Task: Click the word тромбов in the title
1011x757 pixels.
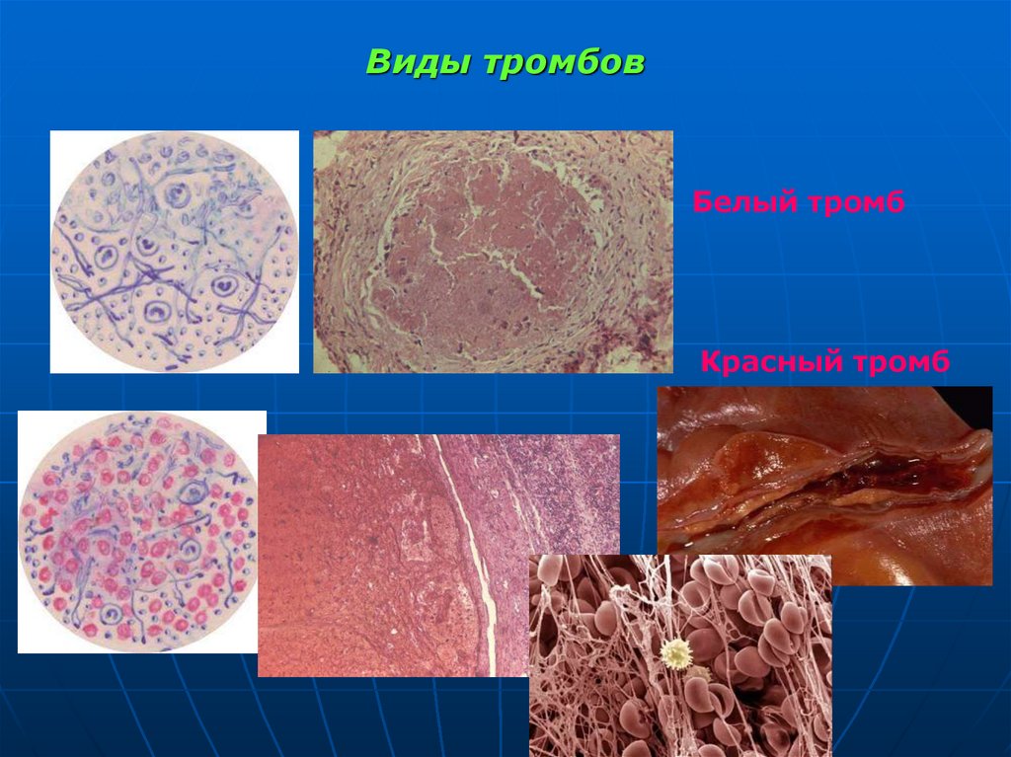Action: click(x=563, y=62)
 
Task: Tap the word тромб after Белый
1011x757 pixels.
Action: click(x=862, y=204)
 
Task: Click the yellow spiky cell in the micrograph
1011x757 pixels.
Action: click(x=677, y=652)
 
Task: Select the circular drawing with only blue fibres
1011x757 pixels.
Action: click(x=174, y=252)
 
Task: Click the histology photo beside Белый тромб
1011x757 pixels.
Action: click(x=493, y=252)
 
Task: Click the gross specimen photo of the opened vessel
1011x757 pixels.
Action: click(x=824, y=485)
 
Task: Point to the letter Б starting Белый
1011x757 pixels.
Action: click(x=702, y=203)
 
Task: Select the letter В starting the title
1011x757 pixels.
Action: click(x=377, y=62)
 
